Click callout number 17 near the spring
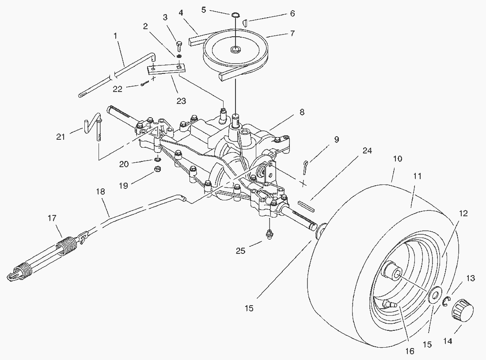[52, 218]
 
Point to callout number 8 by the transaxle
[302, 112]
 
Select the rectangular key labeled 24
[306, 204]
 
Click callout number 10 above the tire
[397, 158]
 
